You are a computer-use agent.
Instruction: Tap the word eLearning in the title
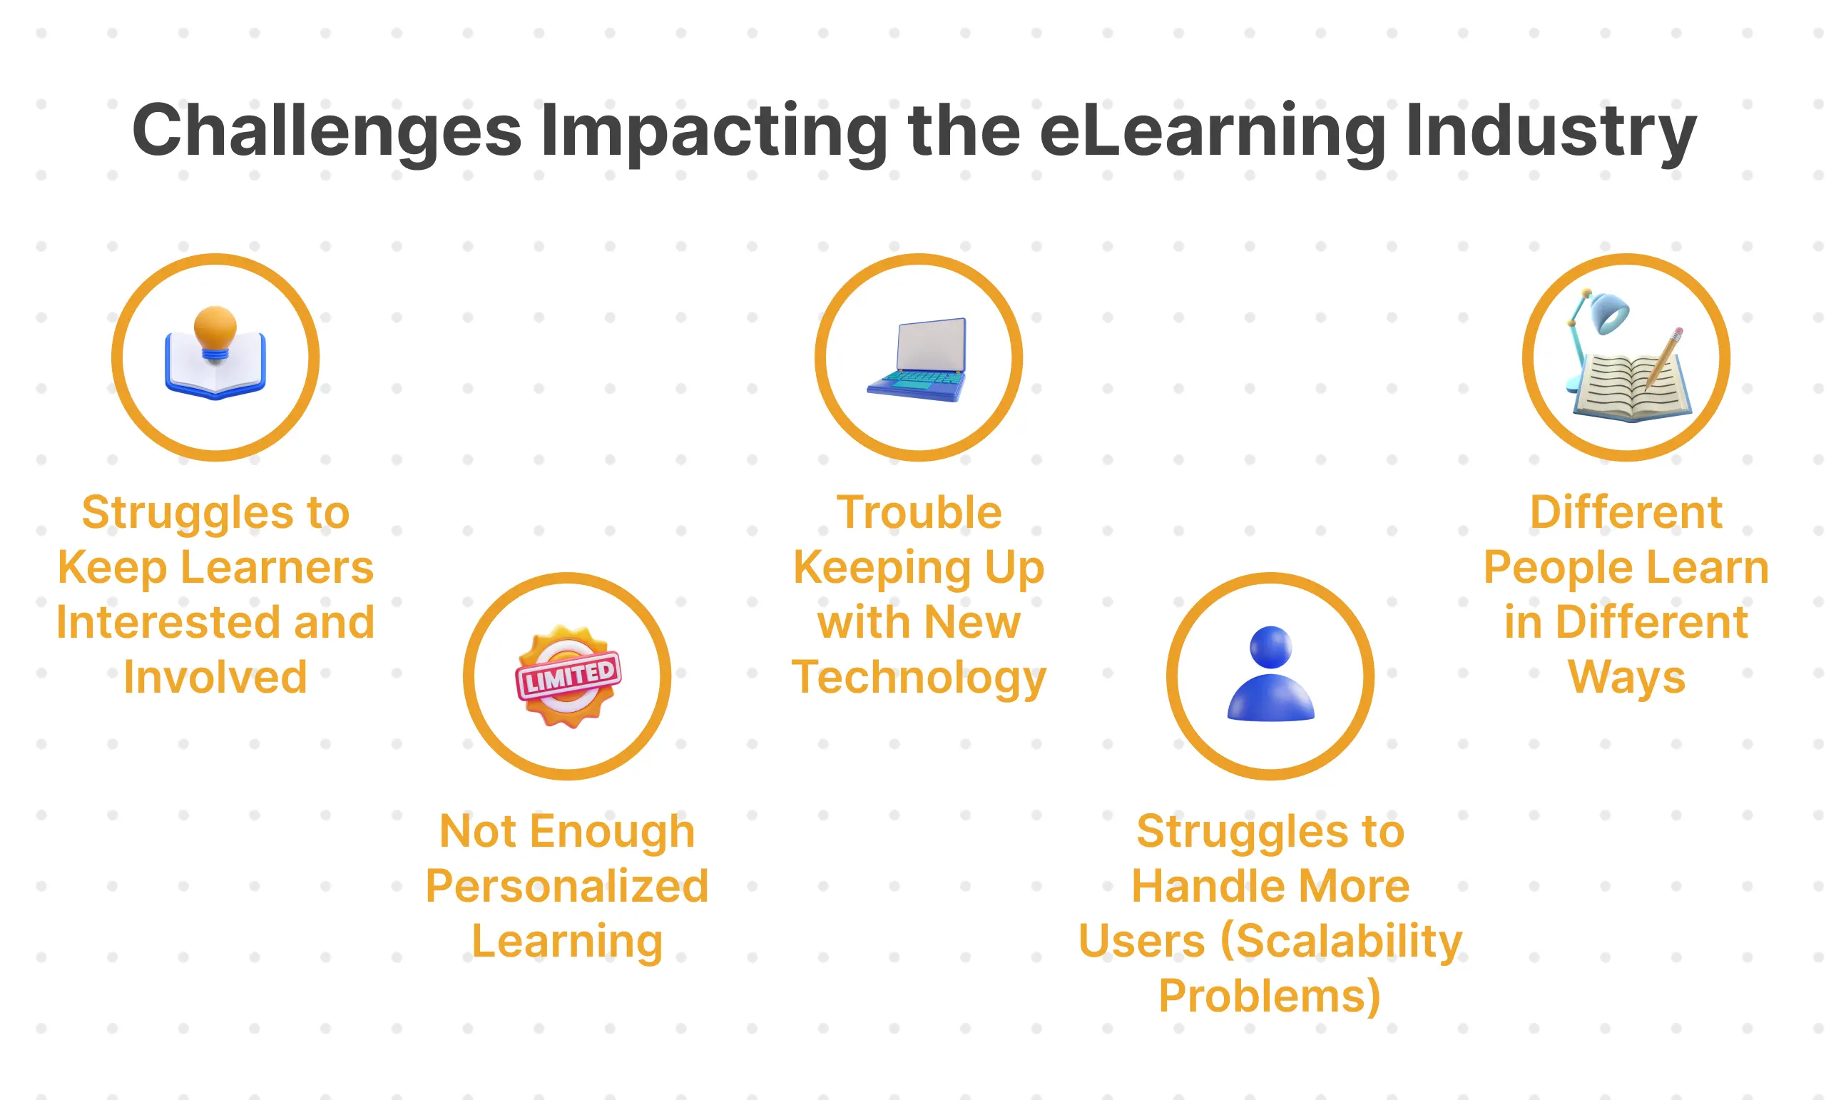1212,131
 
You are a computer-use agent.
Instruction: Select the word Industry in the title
1551,131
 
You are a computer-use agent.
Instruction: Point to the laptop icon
918,360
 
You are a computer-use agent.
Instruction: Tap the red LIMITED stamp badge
568,676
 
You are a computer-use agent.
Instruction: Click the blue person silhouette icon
1270,675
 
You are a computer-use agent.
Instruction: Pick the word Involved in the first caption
215,677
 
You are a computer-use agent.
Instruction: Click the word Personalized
567,886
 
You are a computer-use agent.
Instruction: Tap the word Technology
918,677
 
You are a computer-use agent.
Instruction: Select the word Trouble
919,512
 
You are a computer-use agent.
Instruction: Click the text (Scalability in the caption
1342,941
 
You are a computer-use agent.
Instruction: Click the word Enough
612,831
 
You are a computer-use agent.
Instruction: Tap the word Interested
168,622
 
